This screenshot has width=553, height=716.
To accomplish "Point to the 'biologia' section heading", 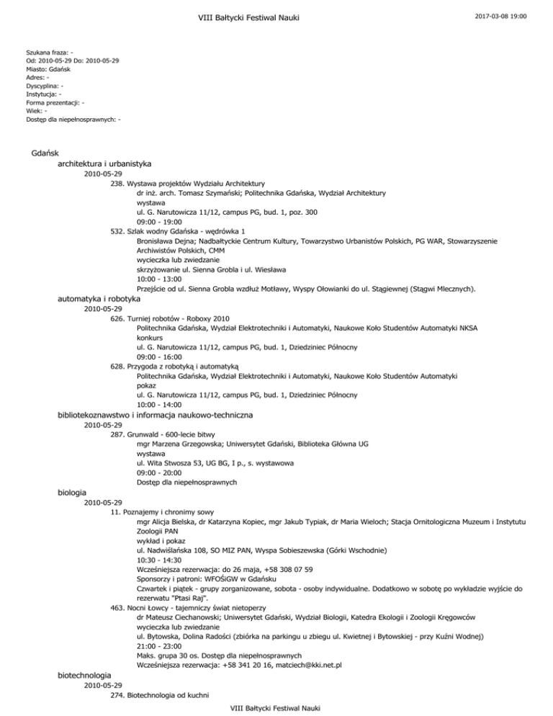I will [72, 493].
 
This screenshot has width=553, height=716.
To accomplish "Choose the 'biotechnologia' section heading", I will [84, 675].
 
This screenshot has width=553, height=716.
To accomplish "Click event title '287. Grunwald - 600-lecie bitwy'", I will [168, 434].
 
